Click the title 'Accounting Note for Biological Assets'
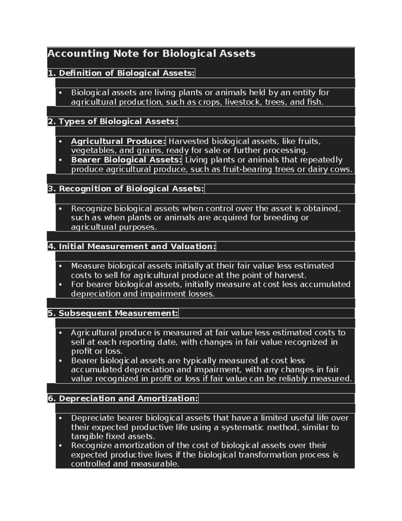151,54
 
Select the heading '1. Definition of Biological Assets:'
121,73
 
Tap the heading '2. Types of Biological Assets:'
112,121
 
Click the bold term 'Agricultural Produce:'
118,141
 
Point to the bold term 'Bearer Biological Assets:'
126,160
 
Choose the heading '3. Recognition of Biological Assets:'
126,189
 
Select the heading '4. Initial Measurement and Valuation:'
131,247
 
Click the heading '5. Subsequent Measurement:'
113,313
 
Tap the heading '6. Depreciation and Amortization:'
123,399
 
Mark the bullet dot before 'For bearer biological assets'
61,284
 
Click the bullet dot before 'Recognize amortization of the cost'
61,446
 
